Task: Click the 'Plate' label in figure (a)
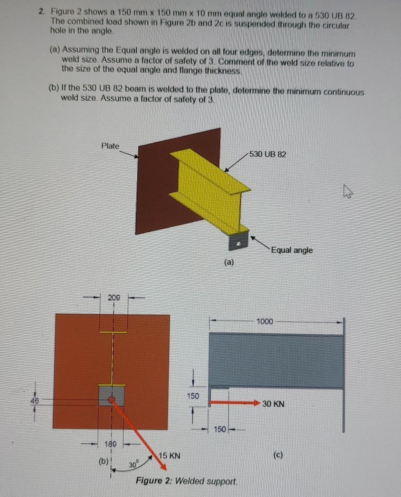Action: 110,146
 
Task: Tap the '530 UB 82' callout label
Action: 267,154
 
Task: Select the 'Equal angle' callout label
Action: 292,250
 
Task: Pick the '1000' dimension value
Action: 265,321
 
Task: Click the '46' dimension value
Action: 35,400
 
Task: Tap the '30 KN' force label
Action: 273,404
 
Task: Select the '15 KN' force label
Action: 169,456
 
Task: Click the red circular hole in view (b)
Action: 112,399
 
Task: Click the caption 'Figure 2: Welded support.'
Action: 187,481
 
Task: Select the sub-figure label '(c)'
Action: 278,455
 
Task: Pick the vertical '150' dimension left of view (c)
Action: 193,396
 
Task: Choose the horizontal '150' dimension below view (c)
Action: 220,429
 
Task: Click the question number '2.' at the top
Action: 42,12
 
